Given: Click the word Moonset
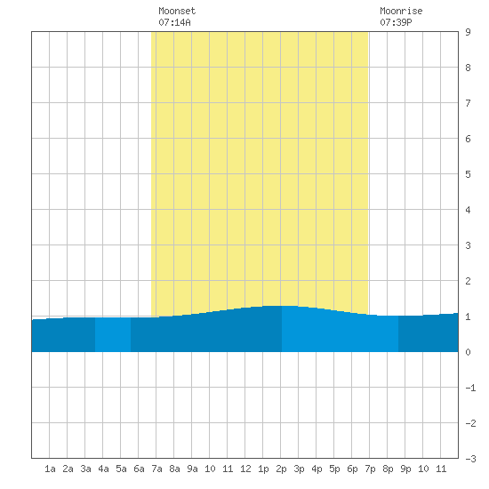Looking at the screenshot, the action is (x=177, y=11).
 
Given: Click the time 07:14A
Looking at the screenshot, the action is (x=174, y=22).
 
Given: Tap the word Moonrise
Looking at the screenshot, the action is (x=401, y=11).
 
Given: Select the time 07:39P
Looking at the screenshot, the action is (x=396, y=22).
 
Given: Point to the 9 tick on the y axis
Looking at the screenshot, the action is (x=468, y=32).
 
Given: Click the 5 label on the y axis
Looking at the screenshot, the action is (x=468, y=174).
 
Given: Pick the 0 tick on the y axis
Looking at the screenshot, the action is (x=468, y=352).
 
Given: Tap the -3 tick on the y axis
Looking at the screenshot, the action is (x=470, y=459).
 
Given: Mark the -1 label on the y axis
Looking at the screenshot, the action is (x=470, y=388).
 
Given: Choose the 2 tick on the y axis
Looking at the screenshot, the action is (x=468, y=281).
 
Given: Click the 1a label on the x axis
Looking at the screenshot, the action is (x=50, y=469).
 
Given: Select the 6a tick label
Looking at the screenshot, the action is (x=139, y=469).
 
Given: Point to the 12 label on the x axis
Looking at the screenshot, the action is (x=245, y=469).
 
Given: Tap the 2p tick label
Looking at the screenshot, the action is (x=281, y=469).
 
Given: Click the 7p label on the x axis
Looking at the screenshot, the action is (x=370, y=469).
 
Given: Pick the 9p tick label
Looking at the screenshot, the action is (x=405, y=469).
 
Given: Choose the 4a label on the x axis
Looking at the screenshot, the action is (x=103, y=469).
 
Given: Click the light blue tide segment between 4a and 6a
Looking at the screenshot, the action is (x=113, y=334).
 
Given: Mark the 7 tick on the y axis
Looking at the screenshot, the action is (x=468, y=103).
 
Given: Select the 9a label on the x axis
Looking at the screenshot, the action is (x=192, y=469).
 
